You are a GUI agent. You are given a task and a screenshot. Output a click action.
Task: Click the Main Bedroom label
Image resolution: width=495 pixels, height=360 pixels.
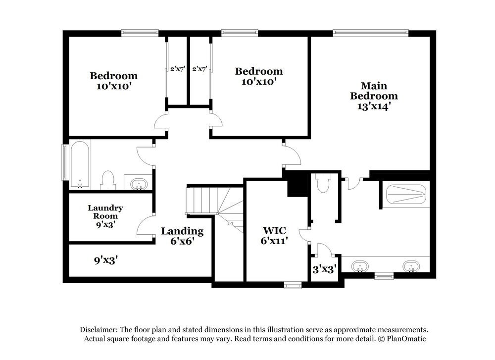374,96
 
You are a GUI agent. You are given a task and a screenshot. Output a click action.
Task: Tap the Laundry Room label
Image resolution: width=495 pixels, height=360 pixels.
105,216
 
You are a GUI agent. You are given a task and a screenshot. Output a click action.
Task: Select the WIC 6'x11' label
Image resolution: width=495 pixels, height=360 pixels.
275,235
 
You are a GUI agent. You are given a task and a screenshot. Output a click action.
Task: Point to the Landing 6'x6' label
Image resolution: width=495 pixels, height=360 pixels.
182,236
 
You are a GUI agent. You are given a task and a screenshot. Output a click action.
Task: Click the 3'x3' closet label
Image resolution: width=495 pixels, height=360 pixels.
325,270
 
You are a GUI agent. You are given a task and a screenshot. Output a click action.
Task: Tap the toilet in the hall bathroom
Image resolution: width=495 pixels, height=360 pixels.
107,180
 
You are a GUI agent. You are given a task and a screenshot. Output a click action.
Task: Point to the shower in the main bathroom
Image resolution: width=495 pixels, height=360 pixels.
406,195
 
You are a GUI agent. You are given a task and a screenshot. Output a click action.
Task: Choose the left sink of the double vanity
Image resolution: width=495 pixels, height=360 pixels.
360,266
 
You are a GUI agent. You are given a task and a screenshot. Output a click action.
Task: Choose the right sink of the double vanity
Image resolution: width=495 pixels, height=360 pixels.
410,266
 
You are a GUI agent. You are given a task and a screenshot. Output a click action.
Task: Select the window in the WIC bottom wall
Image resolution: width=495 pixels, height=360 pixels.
293,285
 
